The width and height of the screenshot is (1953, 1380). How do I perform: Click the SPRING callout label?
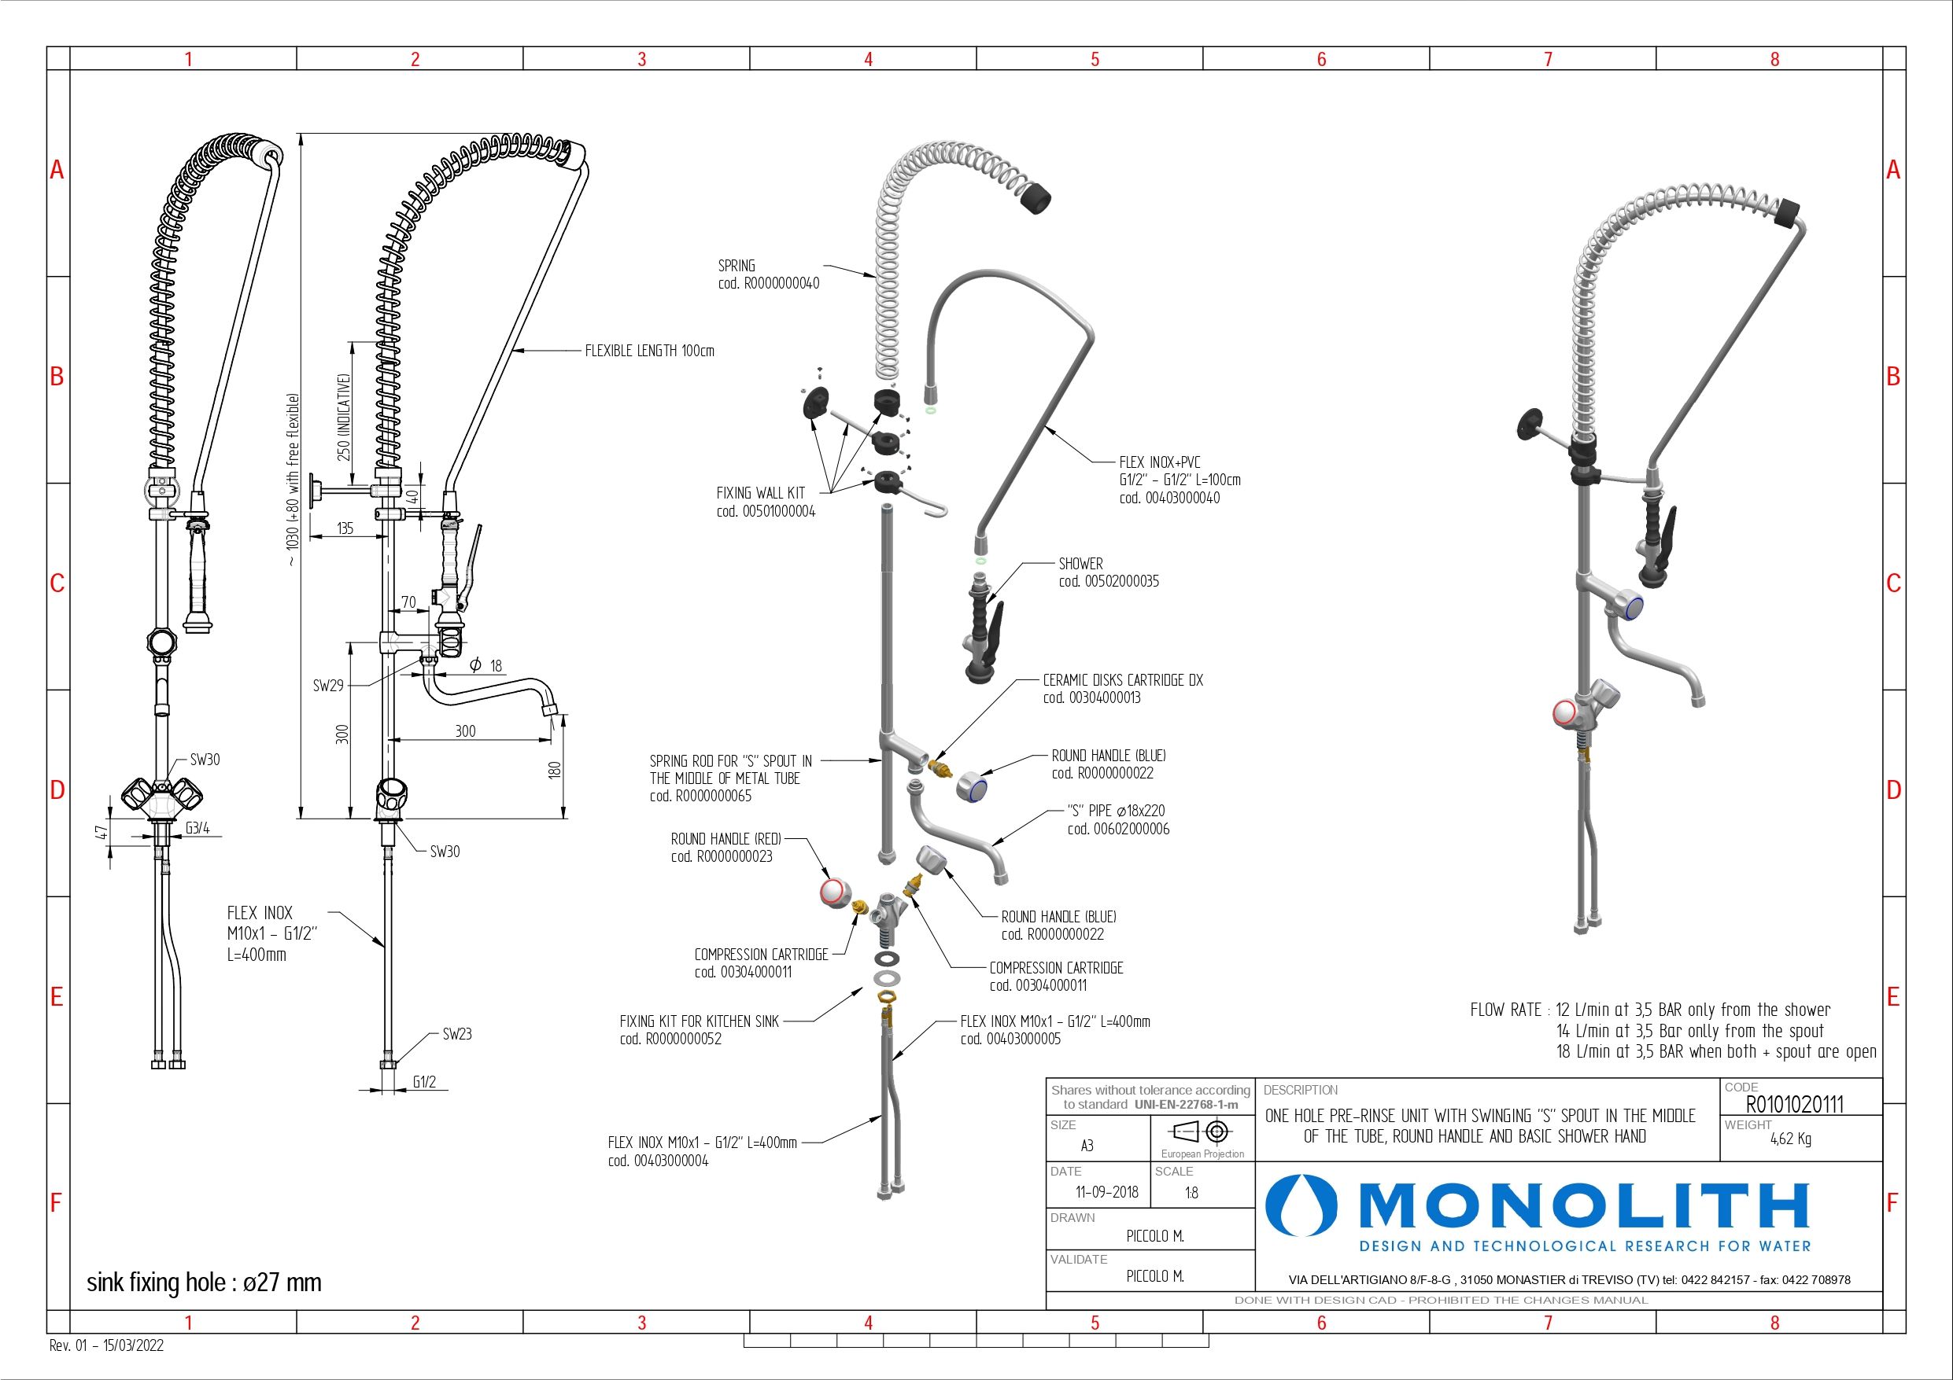(x=737, y=266)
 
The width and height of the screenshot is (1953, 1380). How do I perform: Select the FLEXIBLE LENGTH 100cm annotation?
(x=649, y=351)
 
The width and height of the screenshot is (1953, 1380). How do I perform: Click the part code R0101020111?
(x=1794, y=1105)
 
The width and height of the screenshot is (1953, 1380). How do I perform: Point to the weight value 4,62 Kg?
(x=1789, y=1140)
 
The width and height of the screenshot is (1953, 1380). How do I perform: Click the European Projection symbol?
(x=1202, y=1132)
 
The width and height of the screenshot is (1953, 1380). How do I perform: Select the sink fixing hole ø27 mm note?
(x=204, y=1282)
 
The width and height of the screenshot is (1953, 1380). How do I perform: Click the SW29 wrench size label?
(x=327, y=686)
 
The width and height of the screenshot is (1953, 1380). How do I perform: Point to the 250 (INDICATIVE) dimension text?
(x=345, y=417)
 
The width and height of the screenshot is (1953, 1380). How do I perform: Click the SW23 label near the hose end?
(x=457, y=1035)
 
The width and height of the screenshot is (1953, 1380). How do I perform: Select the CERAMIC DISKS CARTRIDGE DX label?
(x=1123, y=680)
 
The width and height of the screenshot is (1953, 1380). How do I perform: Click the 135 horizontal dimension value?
(x=345, y=529)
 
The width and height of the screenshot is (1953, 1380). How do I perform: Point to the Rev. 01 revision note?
(x=107, y=1346)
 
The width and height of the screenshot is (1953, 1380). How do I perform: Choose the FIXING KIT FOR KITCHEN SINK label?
(x=700, y=1021)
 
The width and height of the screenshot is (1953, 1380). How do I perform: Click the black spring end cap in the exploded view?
(x=1035, y=198)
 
